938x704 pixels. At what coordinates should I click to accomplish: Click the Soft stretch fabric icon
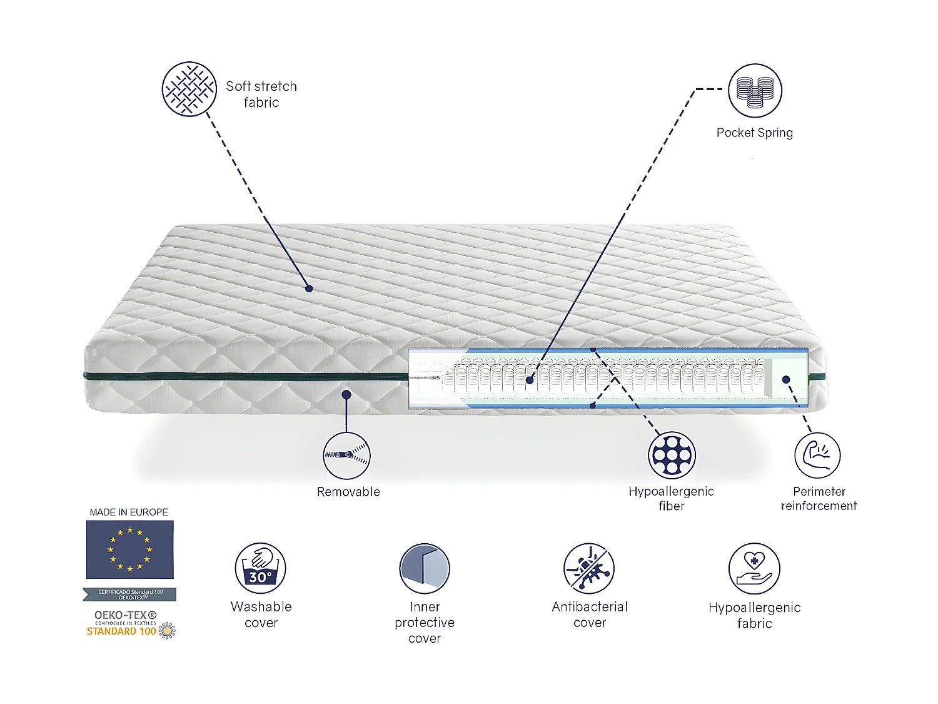click(189, 89)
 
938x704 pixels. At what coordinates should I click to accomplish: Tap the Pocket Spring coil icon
click(755, 90)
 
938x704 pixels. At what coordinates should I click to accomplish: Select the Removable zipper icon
click(346, 456)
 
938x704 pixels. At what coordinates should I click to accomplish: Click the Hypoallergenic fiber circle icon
click(671, 455)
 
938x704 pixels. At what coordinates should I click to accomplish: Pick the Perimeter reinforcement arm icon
click(817, 455)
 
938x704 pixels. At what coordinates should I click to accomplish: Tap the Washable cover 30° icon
click(260, 568)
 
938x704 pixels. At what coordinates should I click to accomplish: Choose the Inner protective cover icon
click(425, 568)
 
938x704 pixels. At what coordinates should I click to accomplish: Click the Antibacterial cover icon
click(589, 568)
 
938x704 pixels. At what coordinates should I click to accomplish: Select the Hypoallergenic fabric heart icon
click(754, 568)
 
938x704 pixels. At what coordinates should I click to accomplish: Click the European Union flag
click(130, 549)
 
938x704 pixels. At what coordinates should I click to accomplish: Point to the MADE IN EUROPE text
click(129, 512)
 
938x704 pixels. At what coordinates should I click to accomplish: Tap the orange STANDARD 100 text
click(121, 631)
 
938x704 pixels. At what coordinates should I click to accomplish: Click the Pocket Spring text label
click(754, 133)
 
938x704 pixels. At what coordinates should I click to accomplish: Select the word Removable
click(348, 492)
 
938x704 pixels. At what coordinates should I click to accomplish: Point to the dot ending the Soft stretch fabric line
click(309, 288)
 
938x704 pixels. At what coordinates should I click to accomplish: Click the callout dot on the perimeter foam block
click(786, 379)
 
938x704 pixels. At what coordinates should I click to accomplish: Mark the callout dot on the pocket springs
click(530, 380)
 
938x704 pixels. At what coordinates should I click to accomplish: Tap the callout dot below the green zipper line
click(346, 394)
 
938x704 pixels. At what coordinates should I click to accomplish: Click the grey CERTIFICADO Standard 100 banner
click(130, 594)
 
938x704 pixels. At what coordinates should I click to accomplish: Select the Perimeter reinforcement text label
click(819, 499)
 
